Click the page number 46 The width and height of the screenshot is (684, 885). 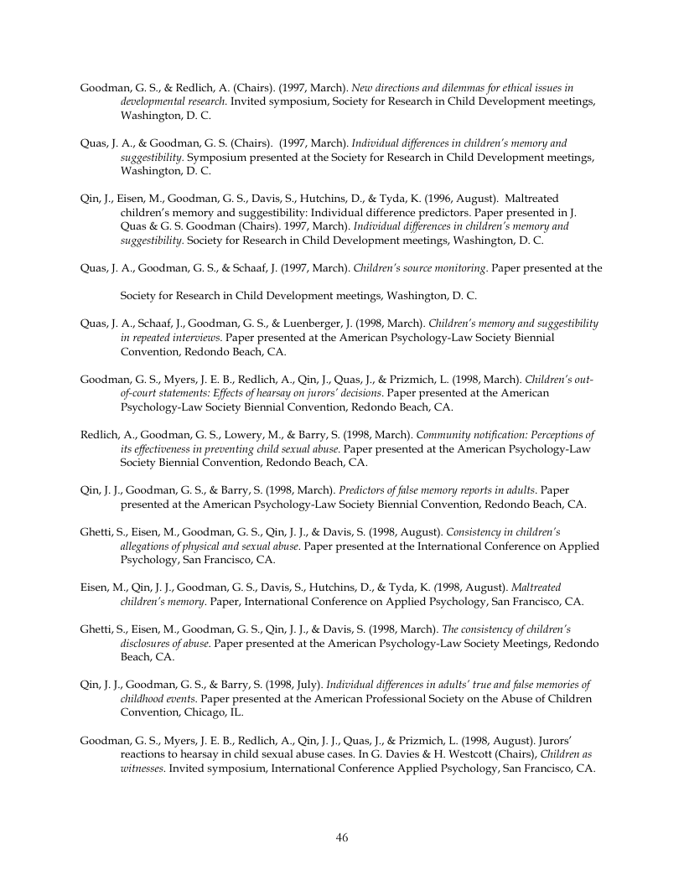pos(342,837)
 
